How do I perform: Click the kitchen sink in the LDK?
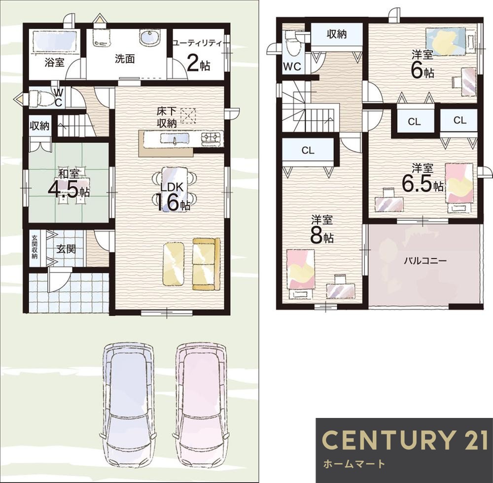pos(175,138)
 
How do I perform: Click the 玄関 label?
pos(66,249)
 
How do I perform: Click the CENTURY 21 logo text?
pos(405,439)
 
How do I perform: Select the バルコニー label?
pos(425,261)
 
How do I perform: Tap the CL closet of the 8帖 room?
pos(308,150)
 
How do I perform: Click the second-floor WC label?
pos(292,67)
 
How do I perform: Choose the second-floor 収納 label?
pos(337,34)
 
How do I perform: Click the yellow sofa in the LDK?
pos(206,264)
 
